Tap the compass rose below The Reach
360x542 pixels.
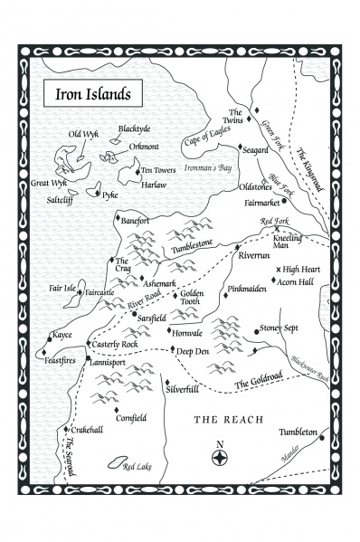pos(218,457)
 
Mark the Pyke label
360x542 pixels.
pos(110,194)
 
